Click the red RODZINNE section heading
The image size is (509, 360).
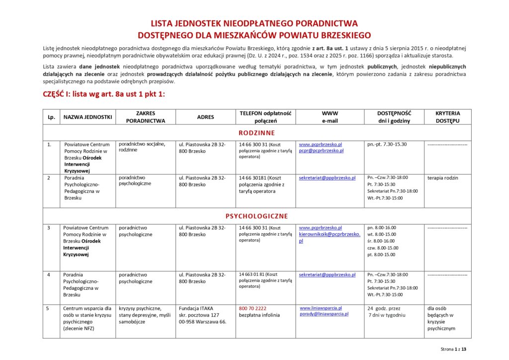pos(256,133)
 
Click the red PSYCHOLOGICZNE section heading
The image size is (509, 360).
pos(256,216)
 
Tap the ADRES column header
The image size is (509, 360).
pos(205,117)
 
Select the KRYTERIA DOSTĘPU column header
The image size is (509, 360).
pos(447,117)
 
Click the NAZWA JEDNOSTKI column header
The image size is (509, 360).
pos(87,117)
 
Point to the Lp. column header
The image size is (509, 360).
pos(51,117)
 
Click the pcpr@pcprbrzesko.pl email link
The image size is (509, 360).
pos(321,150)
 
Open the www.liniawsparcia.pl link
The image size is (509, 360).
pos(321,308)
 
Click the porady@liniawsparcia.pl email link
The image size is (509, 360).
pos(324,314)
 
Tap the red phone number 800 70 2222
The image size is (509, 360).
pos(253,308)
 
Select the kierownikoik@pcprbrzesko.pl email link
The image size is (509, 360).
pos(330,234)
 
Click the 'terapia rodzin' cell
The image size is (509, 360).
pos(442,178)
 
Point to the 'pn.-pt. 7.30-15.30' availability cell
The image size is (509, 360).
pos(387,144)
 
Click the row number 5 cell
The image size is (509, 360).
pos(48,308)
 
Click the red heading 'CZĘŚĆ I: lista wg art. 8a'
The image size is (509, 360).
pos(104,94)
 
